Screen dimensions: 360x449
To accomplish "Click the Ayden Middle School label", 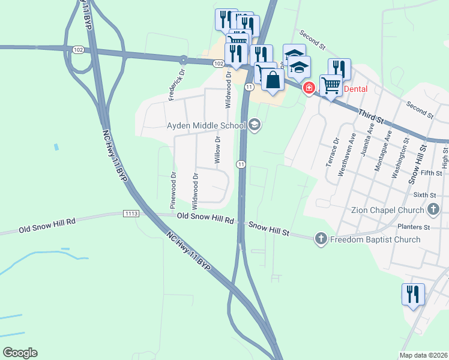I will coord(206,125).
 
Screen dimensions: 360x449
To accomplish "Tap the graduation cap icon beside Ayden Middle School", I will coord(254,125).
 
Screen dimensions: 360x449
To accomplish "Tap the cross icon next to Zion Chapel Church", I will coord(433,210).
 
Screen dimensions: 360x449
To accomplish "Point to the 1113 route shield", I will coord(131,214).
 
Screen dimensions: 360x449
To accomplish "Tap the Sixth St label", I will coord(424,195).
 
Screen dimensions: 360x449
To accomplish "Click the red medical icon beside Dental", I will coord(309,89).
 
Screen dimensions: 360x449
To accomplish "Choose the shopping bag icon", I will coord(273,79).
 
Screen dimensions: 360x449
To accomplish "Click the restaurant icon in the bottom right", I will coord(413,294).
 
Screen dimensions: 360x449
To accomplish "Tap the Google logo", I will coord(20,353).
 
